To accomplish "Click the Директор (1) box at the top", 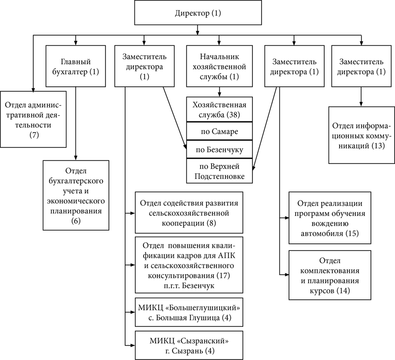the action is click(x=198, y=13).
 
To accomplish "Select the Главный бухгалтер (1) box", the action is click(x=76, y=67).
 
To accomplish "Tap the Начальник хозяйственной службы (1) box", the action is click(x=219, y=67).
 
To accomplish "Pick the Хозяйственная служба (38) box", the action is click(x=219, y=109).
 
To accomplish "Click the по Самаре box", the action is click(x=219, y=131).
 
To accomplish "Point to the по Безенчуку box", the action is click(x=219, y=149).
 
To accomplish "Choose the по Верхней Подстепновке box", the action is click(x=219, y=171).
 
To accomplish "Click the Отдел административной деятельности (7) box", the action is click(x=33, y=120).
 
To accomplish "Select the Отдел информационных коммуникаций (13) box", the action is click(x=361, y=135).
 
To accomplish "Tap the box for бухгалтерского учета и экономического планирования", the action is click(x=76, y=195).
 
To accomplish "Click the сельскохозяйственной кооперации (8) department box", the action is click(x=189, y=213).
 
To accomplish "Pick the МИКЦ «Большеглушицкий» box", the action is click(x=189, y=312).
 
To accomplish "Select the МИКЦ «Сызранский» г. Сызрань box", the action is click(x=189, y=346).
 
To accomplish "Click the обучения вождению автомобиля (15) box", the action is click(x=330, y=218).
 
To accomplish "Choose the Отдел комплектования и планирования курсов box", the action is click(x=330, y=275).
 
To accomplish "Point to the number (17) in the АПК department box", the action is click(x=223, y=275).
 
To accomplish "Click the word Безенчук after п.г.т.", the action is click(x=198, y=286).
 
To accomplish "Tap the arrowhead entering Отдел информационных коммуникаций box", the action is click(x=361, y=104).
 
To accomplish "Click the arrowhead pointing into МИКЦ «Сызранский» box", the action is click(x=132, y=346).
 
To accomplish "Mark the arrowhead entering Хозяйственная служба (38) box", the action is click(x=219, y=94).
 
